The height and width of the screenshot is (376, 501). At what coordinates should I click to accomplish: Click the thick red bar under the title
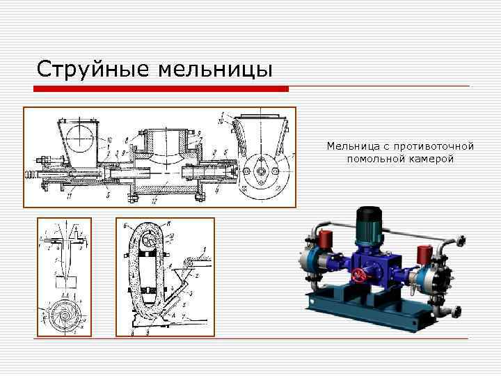(162, 88)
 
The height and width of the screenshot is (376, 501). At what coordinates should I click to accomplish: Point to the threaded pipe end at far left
(31, 174)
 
